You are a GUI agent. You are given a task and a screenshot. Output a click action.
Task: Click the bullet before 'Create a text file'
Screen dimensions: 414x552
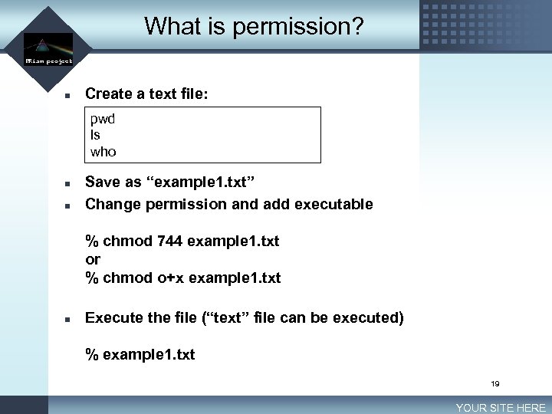click(x=67, y=96)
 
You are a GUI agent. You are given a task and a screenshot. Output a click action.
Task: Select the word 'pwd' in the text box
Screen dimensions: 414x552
click(x=103, y=119)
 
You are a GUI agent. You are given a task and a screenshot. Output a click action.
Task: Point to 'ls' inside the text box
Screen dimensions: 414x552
click(x=95, y=135)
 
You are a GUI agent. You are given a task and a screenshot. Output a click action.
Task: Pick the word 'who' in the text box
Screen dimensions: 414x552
click(x=103, y=152)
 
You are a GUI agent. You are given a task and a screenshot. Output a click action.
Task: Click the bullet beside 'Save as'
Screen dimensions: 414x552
click(x=67, y=185)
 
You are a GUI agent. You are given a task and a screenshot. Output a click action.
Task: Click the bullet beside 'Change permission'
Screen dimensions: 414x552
click(x=67, y=205)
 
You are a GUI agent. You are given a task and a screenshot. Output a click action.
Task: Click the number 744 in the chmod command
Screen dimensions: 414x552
click(x=169, y=242)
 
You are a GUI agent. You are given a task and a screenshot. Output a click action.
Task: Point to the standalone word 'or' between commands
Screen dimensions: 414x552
click(x=93, y=259)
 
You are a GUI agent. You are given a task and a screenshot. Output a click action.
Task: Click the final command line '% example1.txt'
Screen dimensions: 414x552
click(x=140, y=354)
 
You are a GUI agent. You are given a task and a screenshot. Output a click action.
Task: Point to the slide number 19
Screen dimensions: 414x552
click(x=495, y=383)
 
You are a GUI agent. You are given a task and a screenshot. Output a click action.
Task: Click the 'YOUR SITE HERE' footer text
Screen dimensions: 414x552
click(x=501, y=408)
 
